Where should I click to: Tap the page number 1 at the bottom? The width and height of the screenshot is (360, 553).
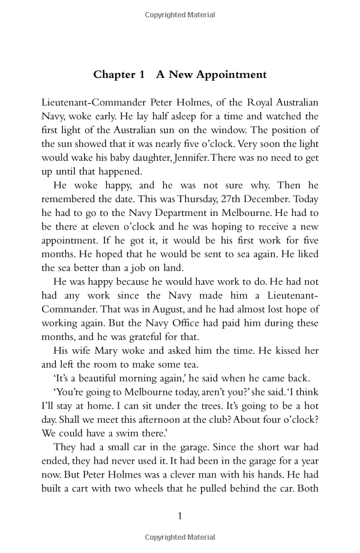180,515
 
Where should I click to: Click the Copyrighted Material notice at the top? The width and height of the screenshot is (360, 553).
180,14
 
